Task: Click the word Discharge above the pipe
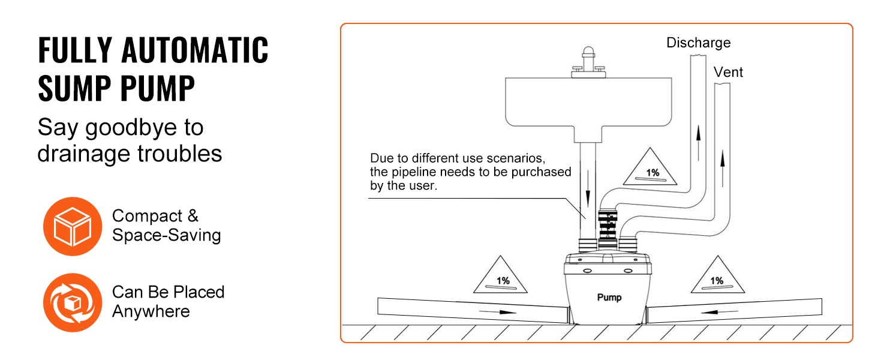[698, 43]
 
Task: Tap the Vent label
[728, 73]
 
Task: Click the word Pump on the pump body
[609, 297]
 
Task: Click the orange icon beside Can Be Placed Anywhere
[73, 302]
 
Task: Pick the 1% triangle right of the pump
[717, 277]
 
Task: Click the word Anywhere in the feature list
[151, 311]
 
